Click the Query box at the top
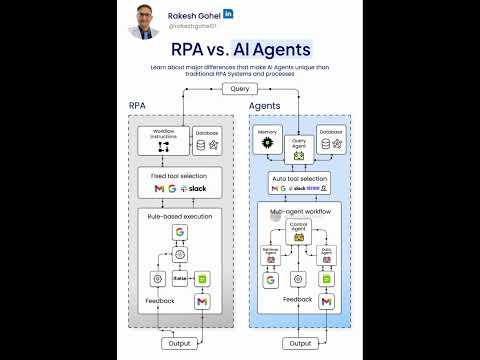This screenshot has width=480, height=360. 239,89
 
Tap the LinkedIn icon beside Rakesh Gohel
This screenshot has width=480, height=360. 229,13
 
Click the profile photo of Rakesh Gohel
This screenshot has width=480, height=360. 144,20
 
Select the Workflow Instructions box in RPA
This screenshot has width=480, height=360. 163,141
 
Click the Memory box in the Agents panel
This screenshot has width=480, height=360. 267,141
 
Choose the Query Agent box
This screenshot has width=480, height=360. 297,149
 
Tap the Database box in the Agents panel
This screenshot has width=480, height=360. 329,141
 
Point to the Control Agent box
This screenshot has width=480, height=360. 297,232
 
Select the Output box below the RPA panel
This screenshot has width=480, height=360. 180,343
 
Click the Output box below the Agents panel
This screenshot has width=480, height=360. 297,343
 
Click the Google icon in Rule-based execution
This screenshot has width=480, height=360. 180,232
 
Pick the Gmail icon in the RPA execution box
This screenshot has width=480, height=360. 202,302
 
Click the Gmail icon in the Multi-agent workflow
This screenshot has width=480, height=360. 326,302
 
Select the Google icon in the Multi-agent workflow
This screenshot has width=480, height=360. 270,281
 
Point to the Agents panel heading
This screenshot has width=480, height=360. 265,105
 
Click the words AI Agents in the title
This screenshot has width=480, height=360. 272,47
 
